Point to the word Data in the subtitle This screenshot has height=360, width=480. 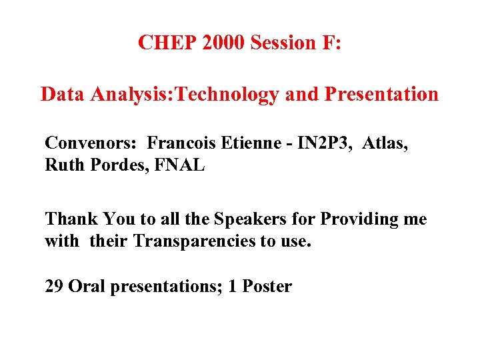[x=64, y=94]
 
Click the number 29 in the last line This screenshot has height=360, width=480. [x=54, y=287]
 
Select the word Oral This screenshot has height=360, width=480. [x=85, y=287]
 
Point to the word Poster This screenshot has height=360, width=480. [x=267, y=287]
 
